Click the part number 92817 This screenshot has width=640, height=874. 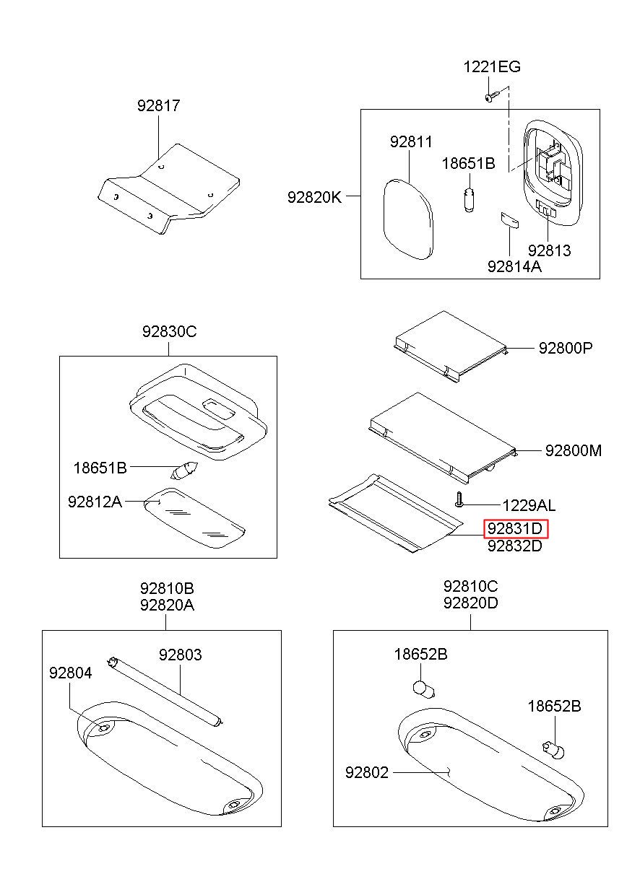(x=158, y=106)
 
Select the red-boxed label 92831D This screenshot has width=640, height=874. (x=516, y=529)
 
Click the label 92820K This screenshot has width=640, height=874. (x=314, y=196)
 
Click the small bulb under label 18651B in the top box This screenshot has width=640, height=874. (x=468, y=198)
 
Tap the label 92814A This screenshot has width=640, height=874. (x=514, y=266)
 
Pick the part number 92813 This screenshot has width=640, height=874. (x=549, y=250)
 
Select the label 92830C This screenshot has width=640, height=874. (x=169, y=332)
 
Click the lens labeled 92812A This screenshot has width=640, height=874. (x=193, y=517)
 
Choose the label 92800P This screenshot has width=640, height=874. (x=565, y=348)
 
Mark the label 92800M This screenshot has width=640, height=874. (x=573, y=450)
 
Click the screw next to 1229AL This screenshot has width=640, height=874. (x=459, y=499)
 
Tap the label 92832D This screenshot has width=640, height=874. (x=514, y=546)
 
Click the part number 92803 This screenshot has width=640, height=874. (x=180, y=655)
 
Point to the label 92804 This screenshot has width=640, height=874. (x=71, y=673)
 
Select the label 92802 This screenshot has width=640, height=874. (x=367, y=773)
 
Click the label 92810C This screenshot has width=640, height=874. (x=470, y=586)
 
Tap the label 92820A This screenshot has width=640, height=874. (x=167, y=605)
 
